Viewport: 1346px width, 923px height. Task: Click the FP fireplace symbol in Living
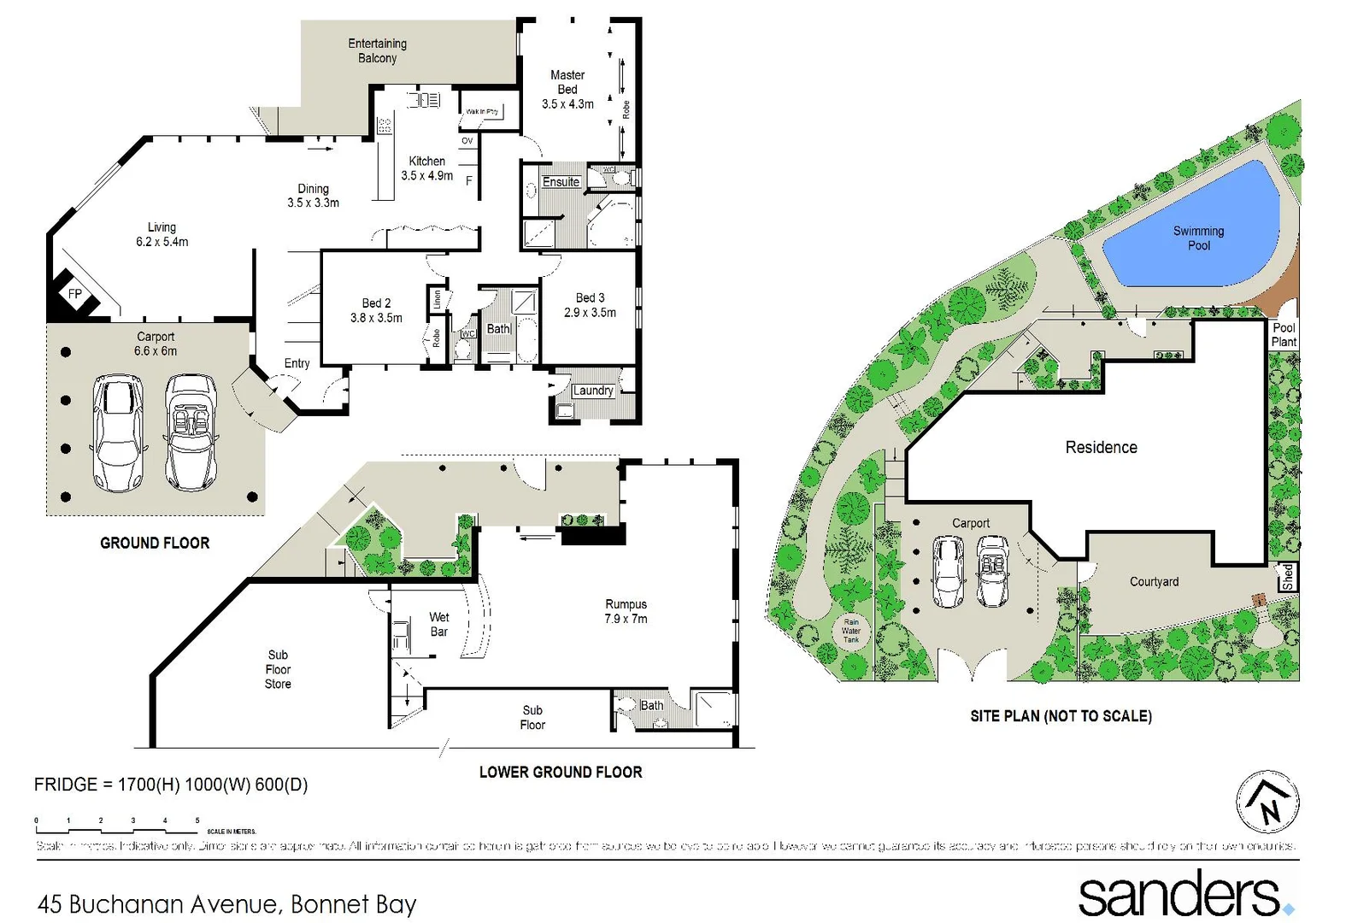pyautogui.click(x=75, y=294)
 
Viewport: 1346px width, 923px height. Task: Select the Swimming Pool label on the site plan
pyautogui.click(x=1198, y=238)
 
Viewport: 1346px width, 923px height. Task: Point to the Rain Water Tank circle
pyautogui.click(x=851, y=631)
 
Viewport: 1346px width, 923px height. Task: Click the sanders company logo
pyautogui.click(x=1184, y=894)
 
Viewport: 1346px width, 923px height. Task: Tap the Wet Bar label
pyautogui.click(x=439, y=625)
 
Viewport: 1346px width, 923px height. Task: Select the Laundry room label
pyautogui.click(x=593, y=391)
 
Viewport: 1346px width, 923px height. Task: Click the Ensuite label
pyautogui.click(x=561, y=182)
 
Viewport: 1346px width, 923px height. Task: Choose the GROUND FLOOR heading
pyautogui.click(x=155, y=543)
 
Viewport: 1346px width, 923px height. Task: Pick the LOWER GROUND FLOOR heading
pyautogui.click(x=561, y=772)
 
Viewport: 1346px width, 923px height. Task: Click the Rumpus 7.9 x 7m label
pyautogui.click(x=626, y=611)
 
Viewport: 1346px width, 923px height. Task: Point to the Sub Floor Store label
pyautogui.click(x=278, y=669)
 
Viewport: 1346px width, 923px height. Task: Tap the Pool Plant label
pyautogui.click(x=1284, y=334)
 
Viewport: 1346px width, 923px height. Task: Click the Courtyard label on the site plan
pyautogui.click(x=1154, y=582)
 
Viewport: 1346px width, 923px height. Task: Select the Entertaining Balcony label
pyautogui.click(x=377, y=50)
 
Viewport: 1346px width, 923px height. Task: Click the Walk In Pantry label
pyautogui.click(x=482, y=112)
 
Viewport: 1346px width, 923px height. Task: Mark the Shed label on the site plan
pyautogui.click(x=1287, y=577)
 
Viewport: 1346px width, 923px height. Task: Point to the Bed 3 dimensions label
pyautogui.click(x=590, y=313)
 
